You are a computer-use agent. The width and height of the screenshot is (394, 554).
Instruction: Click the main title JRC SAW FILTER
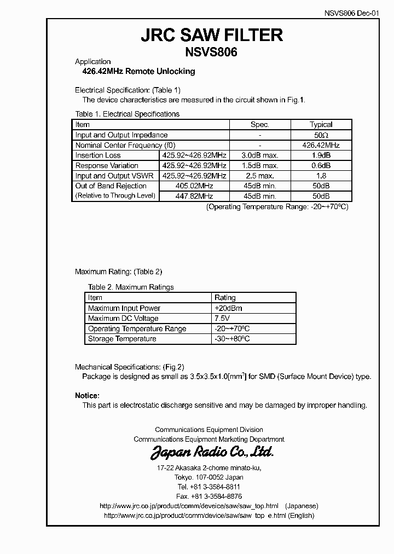coord(212,36)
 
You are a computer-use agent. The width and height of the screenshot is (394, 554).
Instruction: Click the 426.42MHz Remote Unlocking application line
coord(135,72)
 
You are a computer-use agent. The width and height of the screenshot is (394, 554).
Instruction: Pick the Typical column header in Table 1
coord(321,125)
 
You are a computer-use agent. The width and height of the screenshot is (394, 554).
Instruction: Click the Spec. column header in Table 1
coord(259,125)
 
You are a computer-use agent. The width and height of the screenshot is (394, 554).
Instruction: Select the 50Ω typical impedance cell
coord(321,135)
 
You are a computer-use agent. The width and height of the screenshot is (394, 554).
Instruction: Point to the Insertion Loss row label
coord(98,155)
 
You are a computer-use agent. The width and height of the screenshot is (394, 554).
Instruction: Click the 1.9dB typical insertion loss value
coord(321,155)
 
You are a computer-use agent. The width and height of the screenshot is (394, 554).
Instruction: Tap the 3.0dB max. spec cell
coord(260,155)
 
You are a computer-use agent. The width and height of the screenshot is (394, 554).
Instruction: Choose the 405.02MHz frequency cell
coord(194,186)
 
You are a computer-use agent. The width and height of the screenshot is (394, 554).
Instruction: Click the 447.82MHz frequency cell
coord(194,196)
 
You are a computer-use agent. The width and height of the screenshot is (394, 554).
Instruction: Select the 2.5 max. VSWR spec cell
coord(260,176)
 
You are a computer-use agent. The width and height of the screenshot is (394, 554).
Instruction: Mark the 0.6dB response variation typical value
coord(321,166)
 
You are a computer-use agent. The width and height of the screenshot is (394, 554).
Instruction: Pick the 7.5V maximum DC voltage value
coord(222,319)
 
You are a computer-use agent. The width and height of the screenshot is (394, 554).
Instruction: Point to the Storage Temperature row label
coord(122,339)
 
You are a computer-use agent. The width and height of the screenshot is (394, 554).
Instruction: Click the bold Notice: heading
coord(87,396)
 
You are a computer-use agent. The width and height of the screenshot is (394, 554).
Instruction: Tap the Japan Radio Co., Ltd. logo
coord(212,452)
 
